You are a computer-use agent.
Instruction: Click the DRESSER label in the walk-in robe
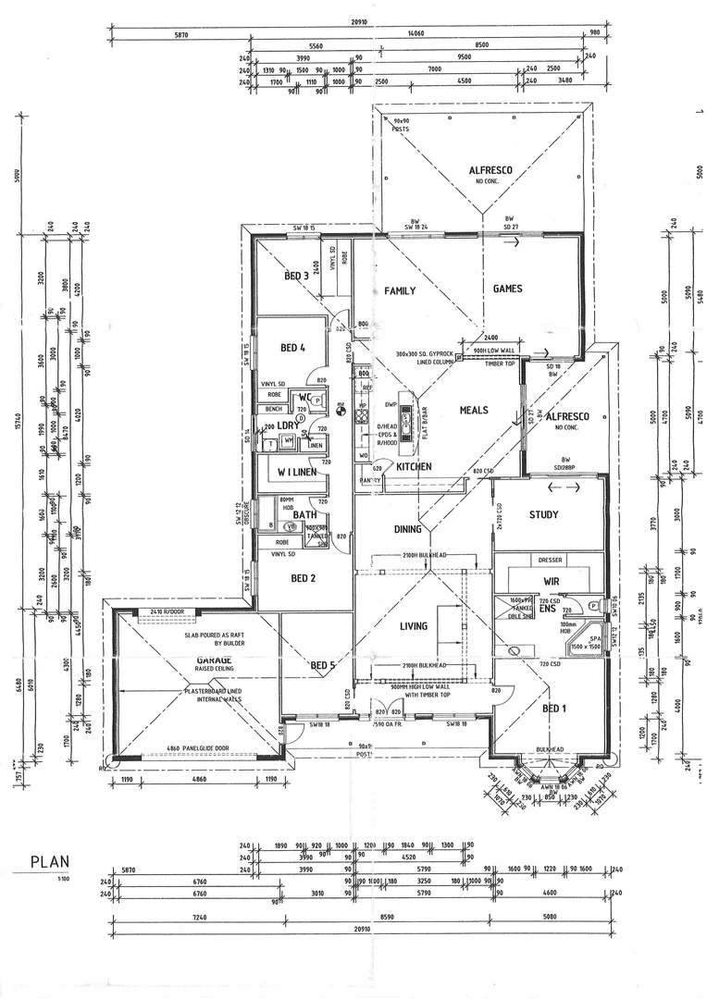pyautogui.click(x=550, y=561)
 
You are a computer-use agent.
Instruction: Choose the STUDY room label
pyautogui.click(x=544, y=514)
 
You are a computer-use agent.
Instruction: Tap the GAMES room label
pyautogui.click(x=507, y=289)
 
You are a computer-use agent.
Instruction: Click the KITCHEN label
pyautogui.click(x=414, y=467)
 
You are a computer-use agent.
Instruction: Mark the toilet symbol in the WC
pyautogui.click(x=316, y=401)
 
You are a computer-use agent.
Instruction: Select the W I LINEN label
pyautogui.click(x=292, y=473)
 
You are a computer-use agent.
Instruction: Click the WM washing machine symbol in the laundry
pyautogui.click(x=289, y=442)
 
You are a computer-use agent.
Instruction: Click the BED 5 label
pyautogui.click(x=323, y=665)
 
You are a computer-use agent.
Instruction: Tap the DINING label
pyautogui.click(x=408, y=530)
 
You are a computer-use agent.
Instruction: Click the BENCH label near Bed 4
pyautogui.click(x=274, y=408)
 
